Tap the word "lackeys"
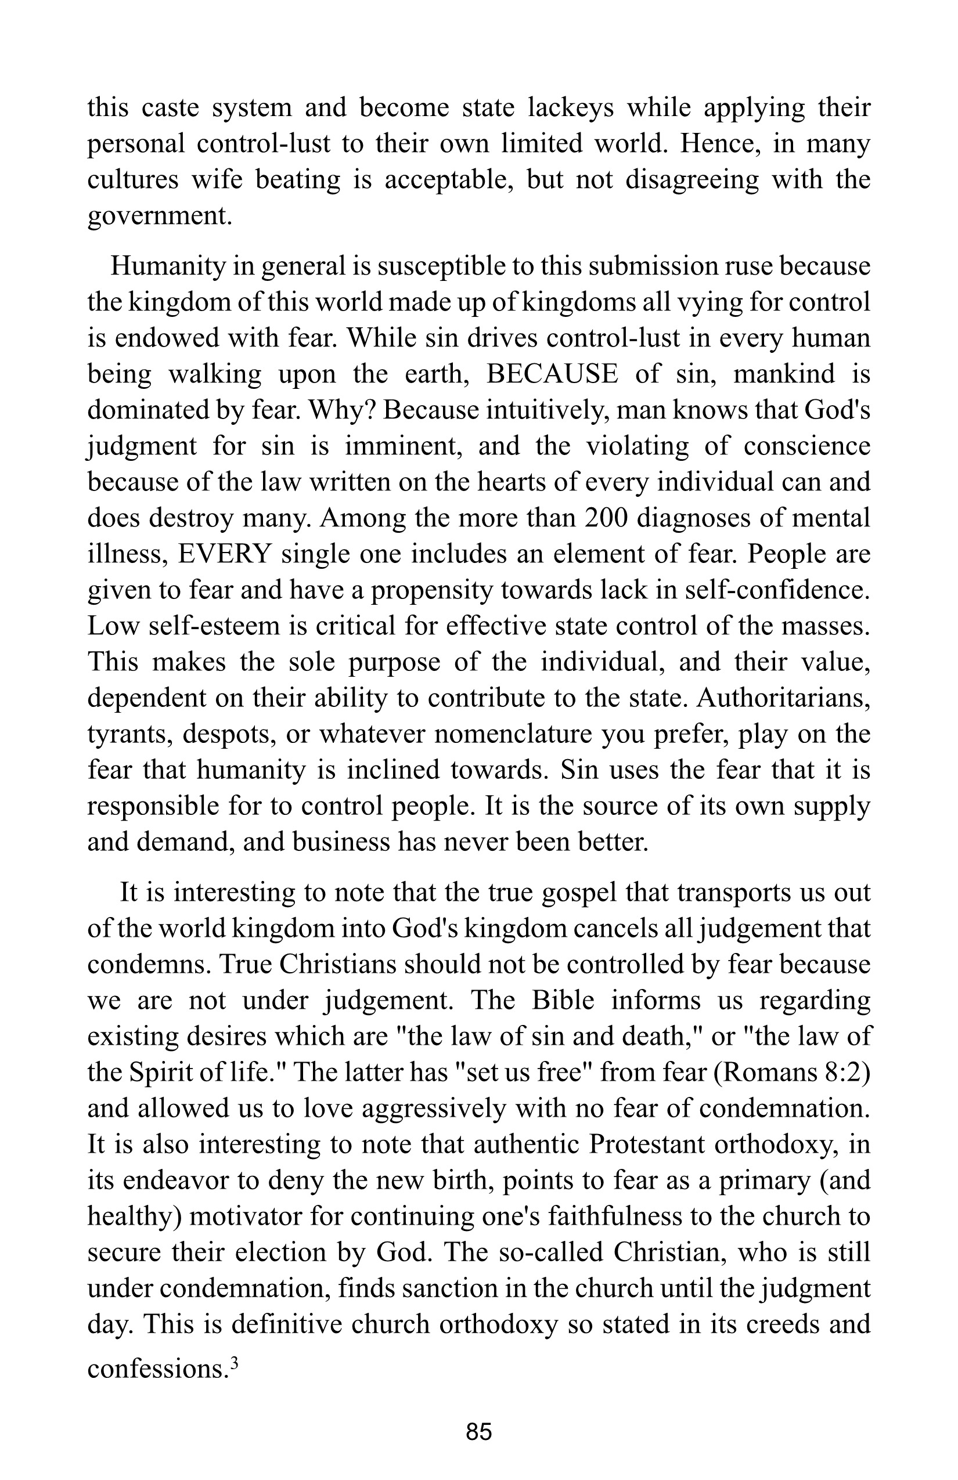coord(571,107)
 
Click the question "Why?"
coord(341,410)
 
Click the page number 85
coord(479,1444)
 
